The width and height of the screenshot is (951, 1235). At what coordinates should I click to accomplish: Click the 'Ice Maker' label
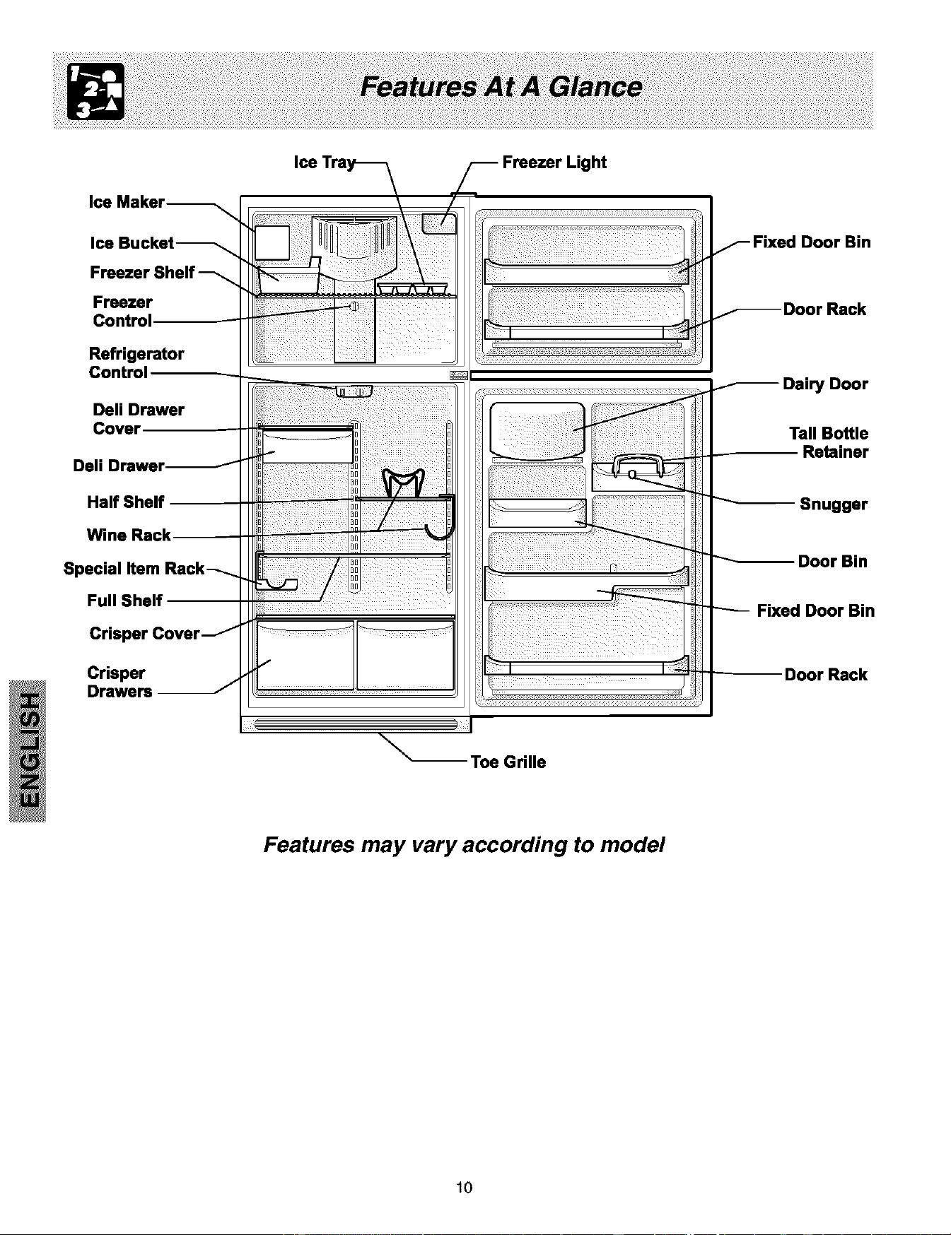127,202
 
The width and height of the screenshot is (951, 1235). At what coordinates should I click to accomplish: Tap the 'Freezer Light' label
554,162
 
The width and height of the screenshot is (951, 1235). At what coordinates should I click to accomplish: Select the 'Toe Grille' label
508,762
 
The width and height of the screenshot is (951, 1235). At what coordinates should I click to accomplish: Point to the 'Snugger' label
834,504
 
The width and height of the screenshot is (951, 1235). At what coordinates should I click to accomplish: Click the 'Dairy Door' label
825,384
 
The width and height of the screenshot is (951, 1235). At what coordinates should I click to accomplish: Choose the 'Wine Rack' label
129,535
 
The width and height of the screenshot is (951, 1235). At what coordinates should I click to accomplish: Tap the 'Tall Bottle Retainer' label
829,443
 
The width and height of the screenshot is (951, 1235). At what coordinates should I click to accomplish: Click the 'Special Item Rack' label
134,569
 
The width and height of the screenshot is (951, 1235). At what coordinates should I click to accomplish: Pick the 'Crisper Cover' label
145,634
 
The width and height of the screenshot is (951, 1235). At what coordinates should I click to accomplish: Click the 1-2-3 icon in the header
95,91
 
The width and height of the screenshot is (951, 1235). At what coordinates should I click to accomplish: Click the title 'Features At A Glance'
501,87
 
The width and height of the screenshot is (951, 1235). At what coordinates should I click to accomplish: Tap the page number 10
464,1187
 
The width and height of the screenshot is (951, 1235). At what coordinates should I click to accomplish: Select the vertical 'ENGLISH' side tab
28,750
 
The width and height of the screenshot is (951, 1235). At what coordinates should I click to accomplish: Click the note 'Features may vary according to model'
464,845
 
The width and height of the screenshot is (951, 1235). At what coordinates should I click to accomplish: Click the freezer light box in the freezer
439,223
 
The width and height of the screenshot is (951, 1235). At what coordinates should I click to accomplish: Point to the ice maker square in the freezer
272,243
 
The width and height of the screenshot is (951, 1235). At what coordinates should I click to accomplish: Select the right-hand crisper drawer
406,655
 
